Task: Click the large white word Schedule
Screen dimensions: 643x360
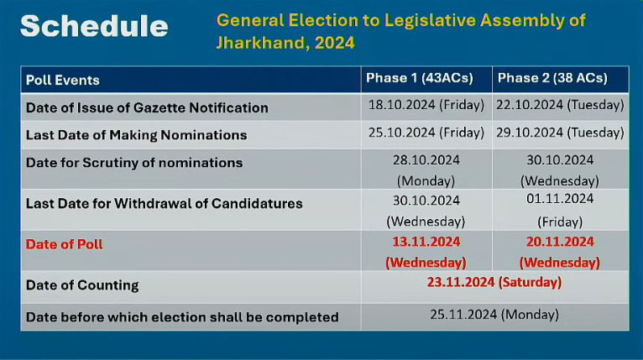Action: (x=94, y=26)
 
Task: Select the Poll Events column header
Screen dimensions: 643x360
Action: (x=63, y=80)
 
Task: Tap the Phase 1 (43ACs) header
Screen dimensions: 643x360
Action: (x=420, y=78)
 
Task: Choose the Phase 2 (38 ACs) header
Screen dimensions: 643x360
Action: (x=552, y=78)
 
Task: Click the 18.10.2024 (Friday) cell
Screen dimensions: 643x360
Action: (x=426, y=105)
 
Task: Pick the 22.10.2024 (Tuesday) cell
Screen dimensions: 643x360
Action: (x=560, y=105)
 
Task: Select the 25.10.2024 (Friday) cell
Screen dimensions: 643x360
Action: (x=426, y=133)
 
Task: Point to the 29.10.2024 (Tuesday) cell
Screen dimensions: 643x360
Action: (x=560, y=133)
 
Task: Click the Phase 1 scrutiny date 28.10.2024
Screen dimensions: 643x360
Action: (x=426, y=160)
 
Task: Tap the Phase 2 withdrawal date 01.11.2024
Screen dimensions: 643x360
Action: (x=560, y=199)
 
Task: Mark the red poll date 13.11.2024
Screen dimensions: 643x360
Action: (x=426, y=242)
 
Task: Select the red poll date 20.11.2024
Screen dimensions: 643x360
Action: (x=560, y=242)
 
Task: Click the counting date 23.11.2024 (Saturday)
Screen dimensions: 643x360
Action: (x=494, y=282)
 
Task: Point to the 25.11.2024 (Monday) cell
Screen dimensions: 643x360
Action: (x=494, y=315)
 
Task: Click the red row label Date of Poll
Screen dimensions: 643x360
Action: (x=64, y=244)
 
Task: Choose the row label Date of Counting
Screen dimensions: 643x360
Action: (x=82, y=285)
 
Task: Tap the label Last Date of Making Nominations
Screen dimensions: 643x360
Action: (x=137, y=135)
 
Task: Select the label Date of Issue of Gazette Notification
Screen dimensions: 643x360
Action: (x=147, y=108)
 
